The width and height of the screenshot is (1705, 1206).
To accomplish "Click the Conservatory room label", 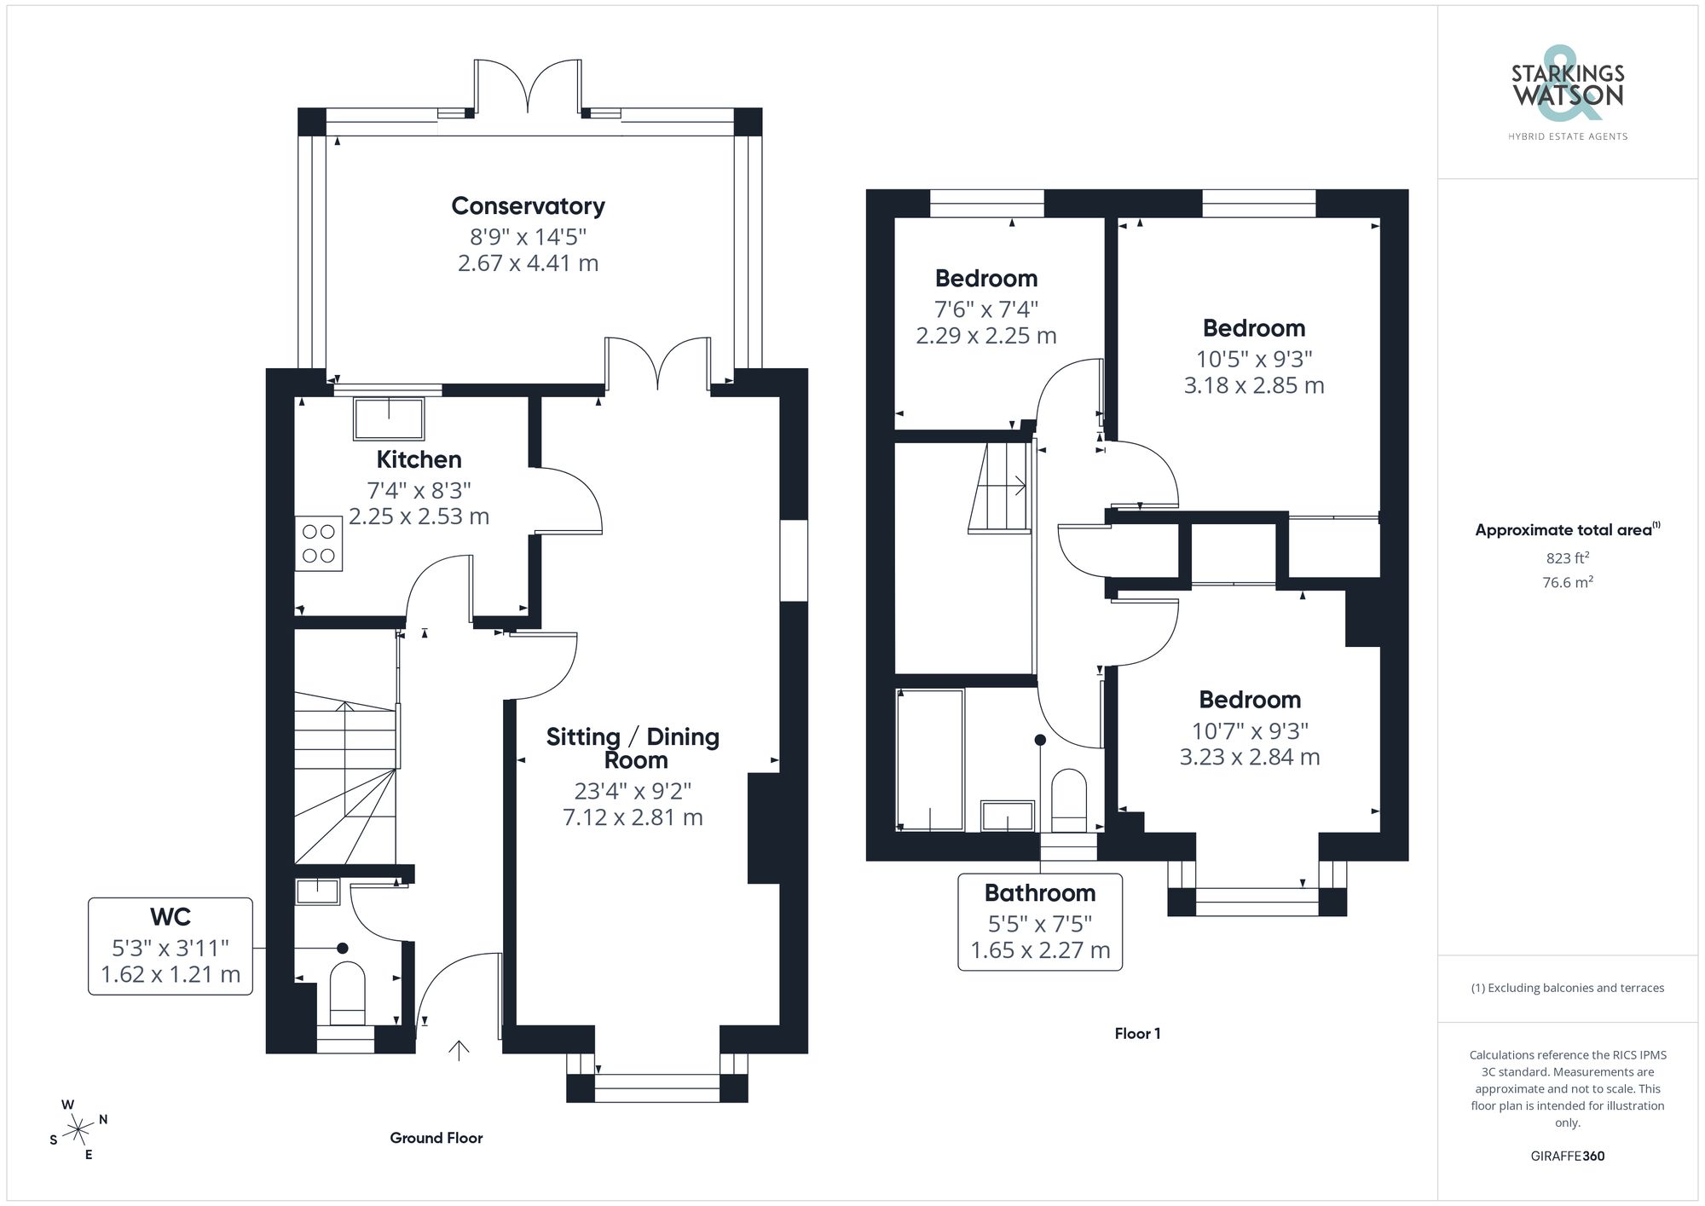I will [528, 206].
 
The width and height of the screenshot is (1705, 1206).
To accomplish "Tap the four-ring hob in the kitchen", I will [319, 544].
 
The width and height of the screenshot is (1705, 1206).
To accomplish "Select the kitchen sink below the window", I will [390, 418].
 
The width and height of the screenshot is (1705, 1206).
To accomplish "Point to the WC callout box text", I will [170, 945].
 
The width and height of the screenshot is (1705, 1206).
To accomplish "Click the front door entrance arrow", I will [459, 1050].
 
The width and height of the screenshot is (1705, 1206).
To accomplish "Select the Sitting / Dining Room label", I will [633, 747].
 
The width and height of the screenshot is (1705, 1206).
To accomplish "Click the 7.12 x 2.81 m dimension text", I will [633, 817].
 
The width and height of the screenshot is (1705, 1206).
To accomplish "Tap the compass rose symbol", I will [78, 1130].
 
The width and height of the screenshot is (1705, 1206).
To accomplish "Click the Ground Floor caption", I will [436, 1138].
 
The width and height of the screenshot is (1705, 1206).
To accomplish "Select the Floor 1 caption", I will [1137, 1033].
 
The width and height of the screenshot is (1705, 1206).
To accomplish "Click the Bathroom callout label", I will [1040, 893].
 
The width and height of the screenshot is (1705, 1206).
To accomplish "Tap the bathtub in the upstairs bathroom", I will [930, 759].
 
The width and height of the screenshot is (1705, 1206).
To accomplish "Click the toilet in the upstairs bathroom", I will [1069, 799].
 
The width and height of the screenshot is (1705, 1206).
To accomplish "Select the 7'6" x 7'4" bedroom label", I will [986, 309].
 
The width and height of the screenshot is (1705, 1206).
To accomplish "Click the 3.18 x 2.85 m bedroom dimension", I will [1253, 385].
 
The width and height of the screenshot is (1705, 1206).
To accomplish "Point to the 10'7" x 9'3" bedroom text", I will [1250, 730].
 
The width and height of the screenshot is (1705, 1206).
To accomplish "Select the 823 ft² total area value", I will [1567, 558].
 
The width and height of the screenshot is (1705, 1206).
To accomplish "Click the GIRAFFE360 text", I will [1567, 1156].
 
